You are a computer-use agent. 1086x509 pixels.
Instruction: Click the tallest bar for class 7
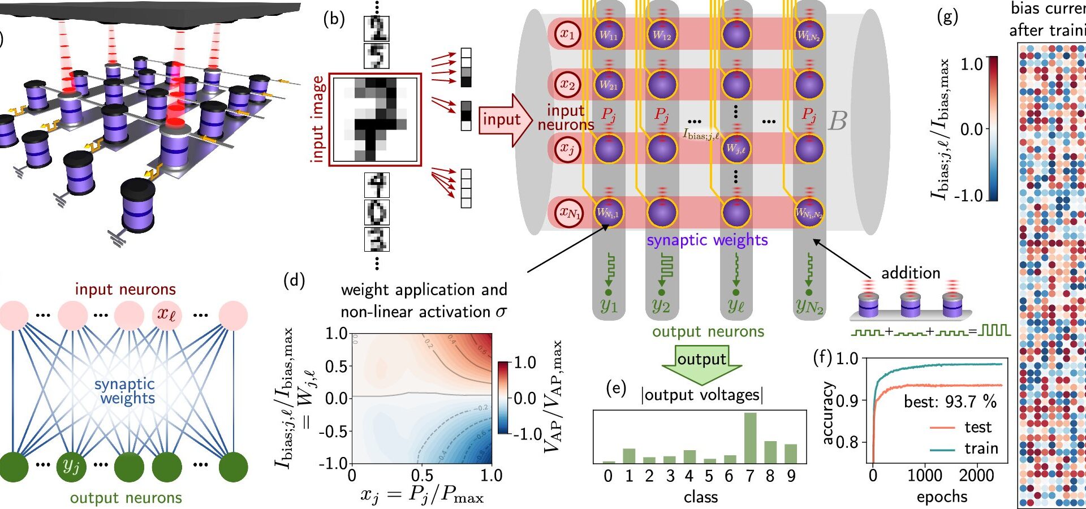(750, 438)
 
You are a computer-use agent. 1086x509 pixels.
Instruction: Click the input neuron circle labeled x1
(567, 34)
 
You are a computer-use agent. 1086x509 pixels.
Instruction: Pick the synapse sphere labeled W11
(609, 34)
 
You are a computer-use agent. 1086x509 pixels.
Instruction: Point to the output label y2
(661, 305)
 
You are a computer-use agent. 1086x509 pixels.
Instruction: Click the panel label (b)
(334, 19)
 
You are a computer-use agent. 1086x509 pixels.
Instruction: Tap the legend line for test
(942, 428)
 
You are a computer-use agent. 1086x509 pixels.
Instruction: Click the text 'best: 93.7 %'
(950, 402)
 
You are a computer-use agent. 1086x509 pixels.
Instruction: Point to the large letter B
(838, 120)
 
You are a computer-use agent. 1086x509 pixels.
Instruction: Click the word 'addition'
(911, 273)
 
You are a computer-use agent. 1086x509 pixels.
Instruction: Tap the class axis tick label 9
(791, 476)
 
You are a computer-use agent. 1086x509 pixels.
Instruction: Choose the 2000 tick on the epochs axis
(976, 475)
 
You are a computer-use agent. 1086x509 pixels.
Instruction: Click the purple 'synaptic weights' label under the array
(707, 240)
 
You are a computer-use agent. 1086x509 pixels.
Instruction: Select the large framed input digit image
(375, 119)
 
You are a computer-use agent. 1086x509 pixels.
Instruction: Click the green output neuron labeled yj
(71, 466)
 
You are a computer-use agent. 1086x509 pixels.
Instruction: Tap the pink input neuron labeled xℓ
(166, 314)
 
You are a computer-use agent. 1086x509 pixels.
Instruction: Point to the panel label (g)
(947, 17)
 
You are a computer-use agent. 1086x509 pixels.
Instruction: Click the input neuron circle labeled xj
(567, 149)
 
